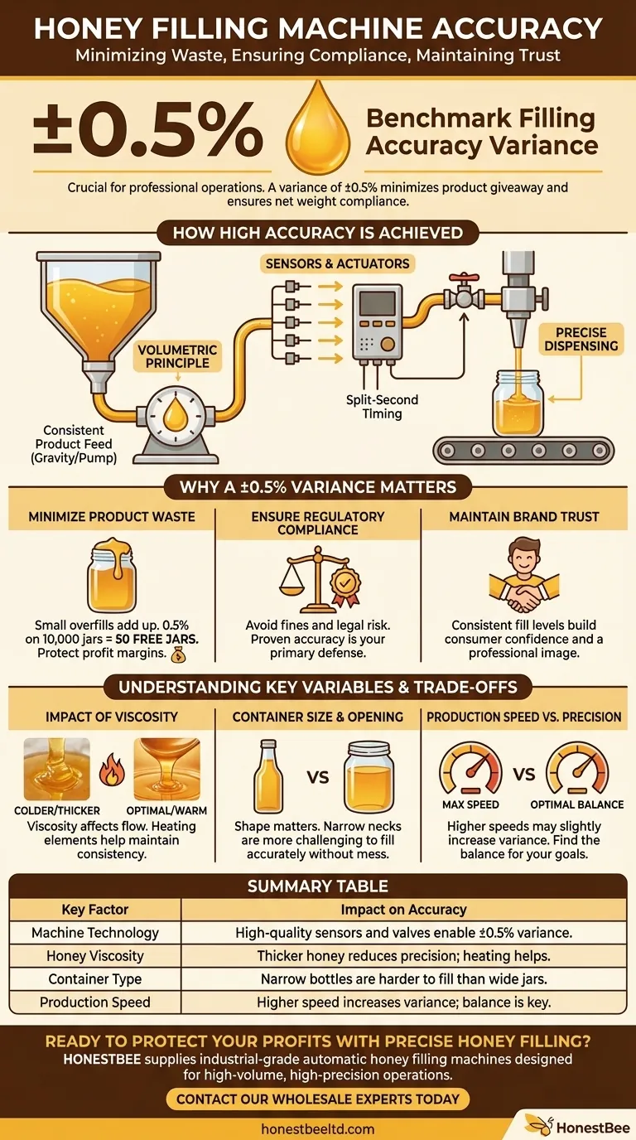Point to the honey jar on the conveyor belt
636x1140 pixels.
pyautogui.click(x=517, y=403)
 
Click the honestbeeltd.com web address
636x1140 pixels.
pyautogui.click(x=318, y=1128)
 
